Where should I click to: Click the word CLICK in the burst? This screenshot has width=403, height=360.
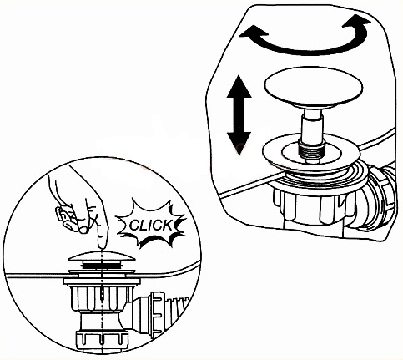coord(151,225)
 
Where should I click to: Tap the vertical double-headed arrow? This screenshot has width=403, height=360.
coord(239,114)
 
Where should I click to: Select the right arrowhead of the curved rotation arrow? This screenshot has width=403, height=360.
coord(357,23)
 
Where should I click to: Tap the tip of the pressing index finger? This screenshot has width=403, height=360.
coord(103,244)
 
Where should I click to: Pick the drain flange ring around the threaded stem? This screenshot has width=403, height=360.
coord(311,152)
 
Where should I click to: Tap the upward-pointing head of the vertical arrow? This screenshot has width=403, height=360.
coord(239,86)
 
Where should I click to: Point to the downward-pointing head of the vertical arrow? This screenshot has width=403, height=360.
coord(239,144)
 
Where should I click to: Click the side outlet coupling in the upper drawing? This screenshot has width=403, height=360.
coord(381,198)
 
